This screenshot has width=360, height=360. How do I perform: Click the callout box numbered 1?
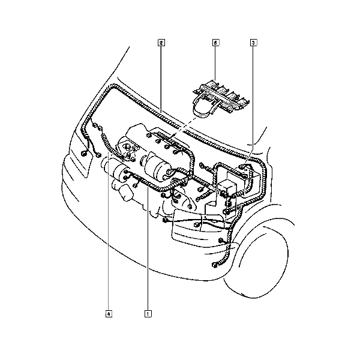click(148, 313)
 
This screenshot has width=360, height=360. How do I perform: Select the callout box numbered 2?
click(161, 43)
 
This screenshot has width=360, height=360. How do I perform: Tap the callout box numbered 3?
click(253, 43)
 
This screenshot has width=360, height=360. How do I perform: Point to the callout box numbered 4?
click(109, 313)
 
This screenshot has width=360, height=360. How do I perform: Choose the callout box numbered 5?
click(215, 43)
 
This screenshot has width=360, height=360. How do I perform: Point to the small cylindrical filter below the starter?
click(126, 193)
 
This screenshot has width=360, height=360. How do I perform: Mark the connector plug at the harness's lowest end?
click(214, 265)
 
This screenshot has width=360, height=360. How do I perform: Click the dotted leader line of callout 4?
click(109, 231)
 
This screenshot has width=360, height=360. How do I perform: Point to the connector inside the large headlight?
click(197, 225)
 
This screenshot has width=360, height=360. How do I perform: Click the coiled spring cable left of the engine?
click(109, 145)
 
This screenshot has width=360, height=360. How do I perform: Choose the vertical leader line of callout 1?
click(148, 248)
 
